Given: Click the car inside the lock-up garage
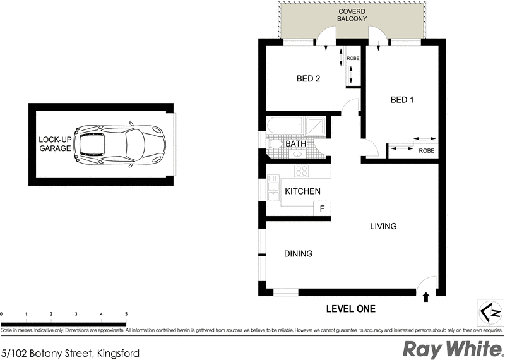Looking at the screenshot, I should click(120, 145).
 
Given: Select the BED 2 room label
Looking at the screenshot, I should click(309, 79).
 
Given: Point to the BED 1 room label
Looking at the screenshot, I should click(403, 100).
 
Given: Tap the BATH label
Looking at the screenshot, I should click(296, 144).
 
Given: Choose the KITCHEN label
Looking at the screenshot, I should click(303, 191).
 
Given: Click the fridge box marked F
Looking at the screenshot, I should click(322, 208).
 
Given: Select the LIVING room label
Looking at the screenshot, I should click(383, 226).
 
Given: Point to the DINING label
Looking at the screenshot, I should click(298, 254).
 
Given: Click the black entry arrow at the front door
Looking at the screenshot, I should click(426, 295).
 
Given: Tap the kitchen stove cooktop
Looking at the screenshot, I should click(301, 171).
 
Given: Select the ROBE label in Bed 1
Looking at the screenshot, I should click(426, 150).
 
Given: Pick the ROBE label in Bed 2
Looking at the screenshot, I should click(353, 58).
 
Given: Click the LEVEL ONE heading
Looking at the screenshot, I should click(350, 309).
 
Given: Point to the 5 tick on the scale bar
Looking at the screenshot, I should click(126, 314).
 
